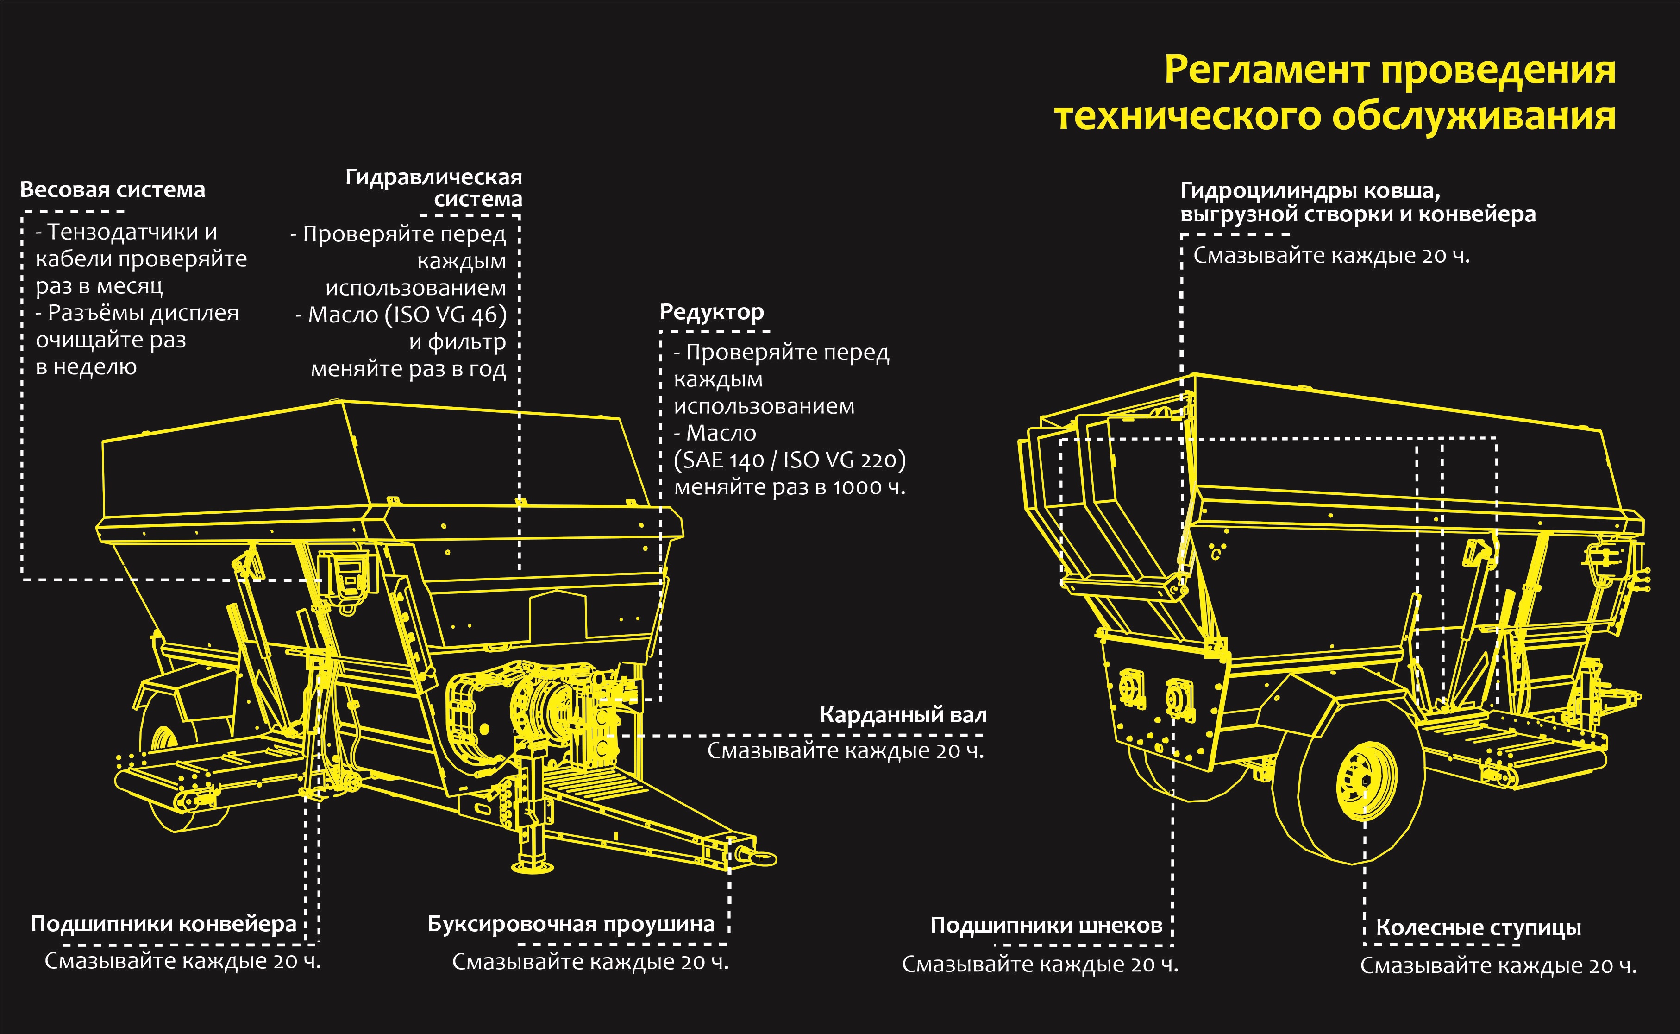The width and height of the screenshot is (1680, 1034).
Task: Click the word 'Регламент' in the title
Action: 1266,70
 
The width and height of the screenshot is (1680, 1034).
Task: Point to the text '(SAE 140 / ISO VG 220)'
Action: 790,460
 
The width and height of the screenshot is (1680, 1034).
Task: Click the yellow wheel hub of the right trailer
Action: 1366,780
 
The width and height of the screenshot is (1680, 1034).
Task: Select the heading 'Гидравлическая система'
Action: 433,188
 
